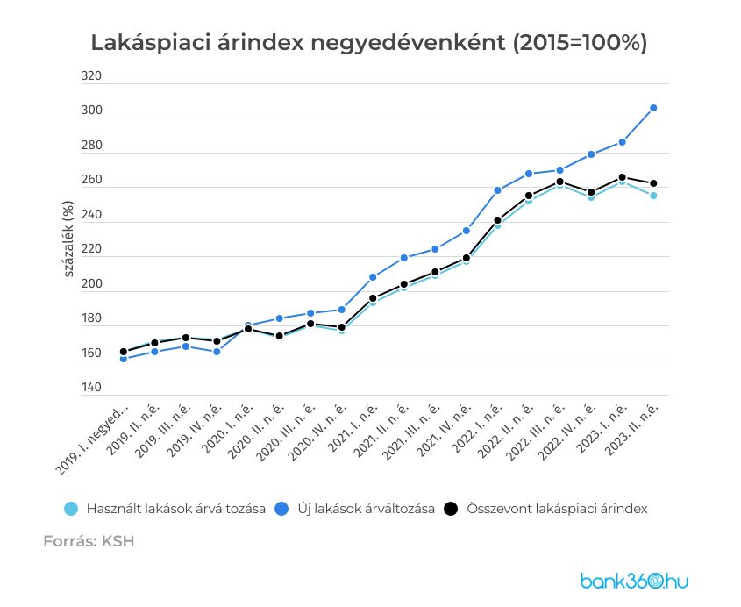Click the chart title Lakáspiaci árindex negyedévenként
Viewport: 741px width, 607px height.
pyautogui.click(x=369, y=43)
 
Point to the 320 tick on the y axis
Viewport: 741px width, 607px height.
pyautogui.click(x=91, y=76)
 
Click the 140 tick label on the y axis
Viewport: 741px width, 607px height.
pyautogui.click(x=91, y=387)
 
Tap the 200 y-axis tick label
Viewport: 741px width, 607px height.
pyautogui.click(x=91, y=284)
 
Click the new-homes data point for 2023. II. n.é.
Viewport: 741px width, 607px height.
pyautogui.click(x=653, y=108)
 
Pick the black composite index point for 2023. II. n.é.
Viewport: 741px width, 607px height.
pyautogui.click(x=653, y=183)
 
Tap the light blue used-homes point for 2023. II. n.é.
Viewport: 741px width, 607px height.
pyautogui.click(x=653, y=196)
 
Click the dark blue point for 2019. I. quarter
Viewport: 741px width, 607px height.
pyautogui.click(x=124, y=359)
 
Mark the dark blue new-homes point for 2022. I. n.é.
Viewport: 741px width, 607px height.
pyautogui.click(x=497, y=190)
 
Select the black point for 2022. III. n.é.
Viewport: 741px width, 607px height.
pyautogui.click(x=559, y=182)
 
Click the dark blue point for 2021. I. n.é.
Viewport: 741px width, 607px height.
pyautogui.click(x=373, y=277)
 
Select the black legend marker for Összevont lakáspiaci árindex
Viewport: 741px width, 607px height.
pyautogui.click(x=452, y=509)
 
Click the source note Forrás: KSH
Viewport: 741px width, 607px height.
pyautogui.click(x=89, y=541)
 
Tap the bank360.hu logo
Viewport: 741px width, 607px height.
pyautogui.click(x=634, y=581)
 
